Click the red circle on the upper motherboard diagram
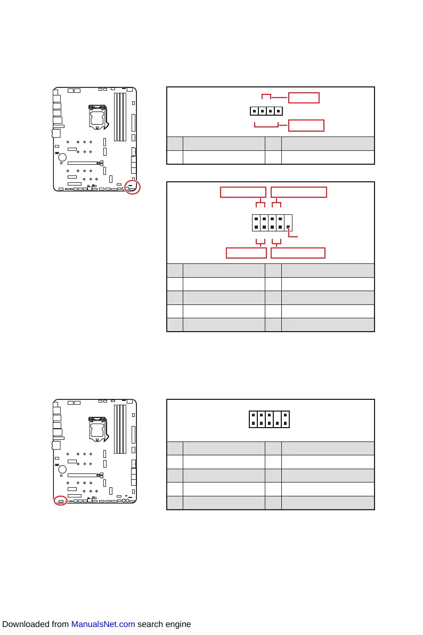coord(133,188)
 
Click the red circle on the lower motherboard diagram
coord(61,501)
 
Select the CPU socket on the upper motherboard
coord(97,117)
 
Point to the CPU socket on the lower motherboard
coord(97,429)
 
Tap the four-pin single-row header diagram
coord(266,111)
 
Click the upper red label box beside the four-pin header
coord(304,98)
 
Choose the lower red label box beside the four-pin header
coord(306,126)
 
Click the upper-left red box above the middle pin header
coord(243,192)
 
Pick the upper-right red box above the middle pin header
coord(299,192)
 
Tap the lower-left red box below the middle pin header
coord(246,253)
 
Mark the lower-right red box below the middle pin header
coord(298,253)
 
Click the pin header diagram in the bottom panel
coord(269,419)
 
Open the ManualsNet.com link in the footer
coord(103,624)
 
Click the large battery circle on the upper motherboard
coord(62,157)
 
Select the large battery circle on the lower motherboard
coord(62,470)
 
